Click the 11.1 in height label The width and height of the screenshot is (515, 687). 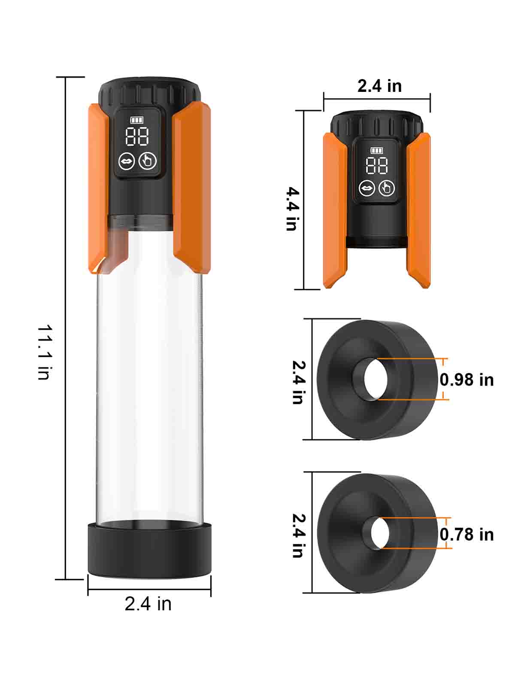45,352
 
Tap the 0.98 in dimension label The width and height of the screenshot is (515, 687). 467,380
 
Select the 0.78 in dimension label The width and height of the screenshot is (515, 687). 467,535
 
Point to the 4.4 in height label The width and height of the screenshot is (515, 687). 293,209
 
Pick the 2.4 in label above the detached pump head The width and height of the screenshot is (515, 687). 380,86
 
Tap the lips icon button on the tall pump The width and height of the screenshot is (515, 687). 127,161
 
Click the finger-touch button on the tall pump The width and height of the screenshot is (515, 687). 148,161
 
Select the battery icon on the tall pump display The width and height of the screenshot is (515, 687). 136,120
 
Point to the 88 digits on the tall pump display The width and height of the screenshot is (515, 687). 136,137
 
